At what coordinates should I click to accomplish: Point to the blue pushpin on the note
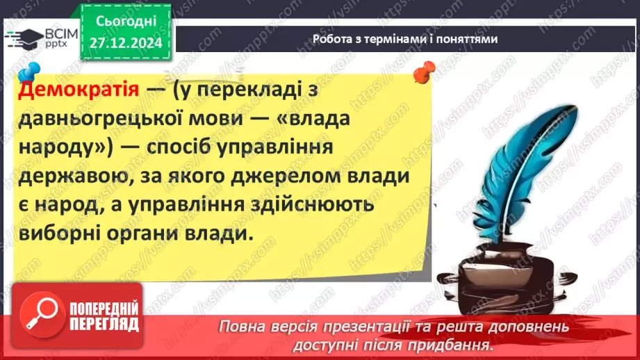point(29,72)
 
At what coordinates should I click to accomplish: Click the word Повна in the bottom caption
point(240,326)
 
